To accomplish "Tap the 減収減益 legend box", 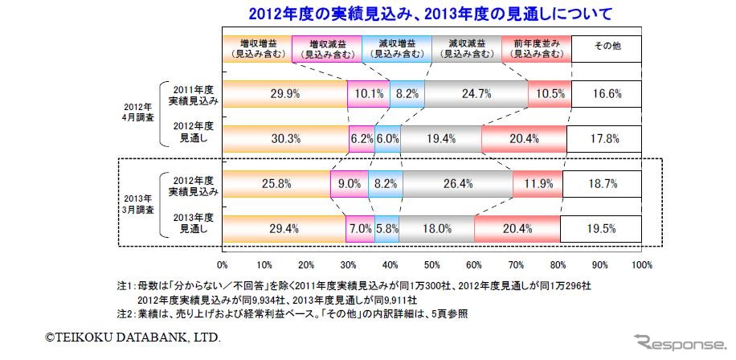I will tap(467, 49).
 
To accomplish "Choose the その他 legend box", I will tap(607, 49).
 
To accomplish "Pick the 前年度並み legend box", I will tap(537, 49).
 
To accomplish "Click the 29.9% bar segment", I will tap(285, 94).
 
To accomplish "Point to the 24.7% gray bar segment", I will tap(476, 94).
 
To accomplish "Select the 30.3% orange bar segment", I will tap(286, 138).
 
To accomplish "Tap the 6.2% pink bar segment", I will tap(362, 138).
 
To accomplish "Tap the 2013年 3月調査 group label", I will tap(137, 202).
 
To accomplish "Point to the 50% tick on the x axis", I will tap(432, 263).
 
